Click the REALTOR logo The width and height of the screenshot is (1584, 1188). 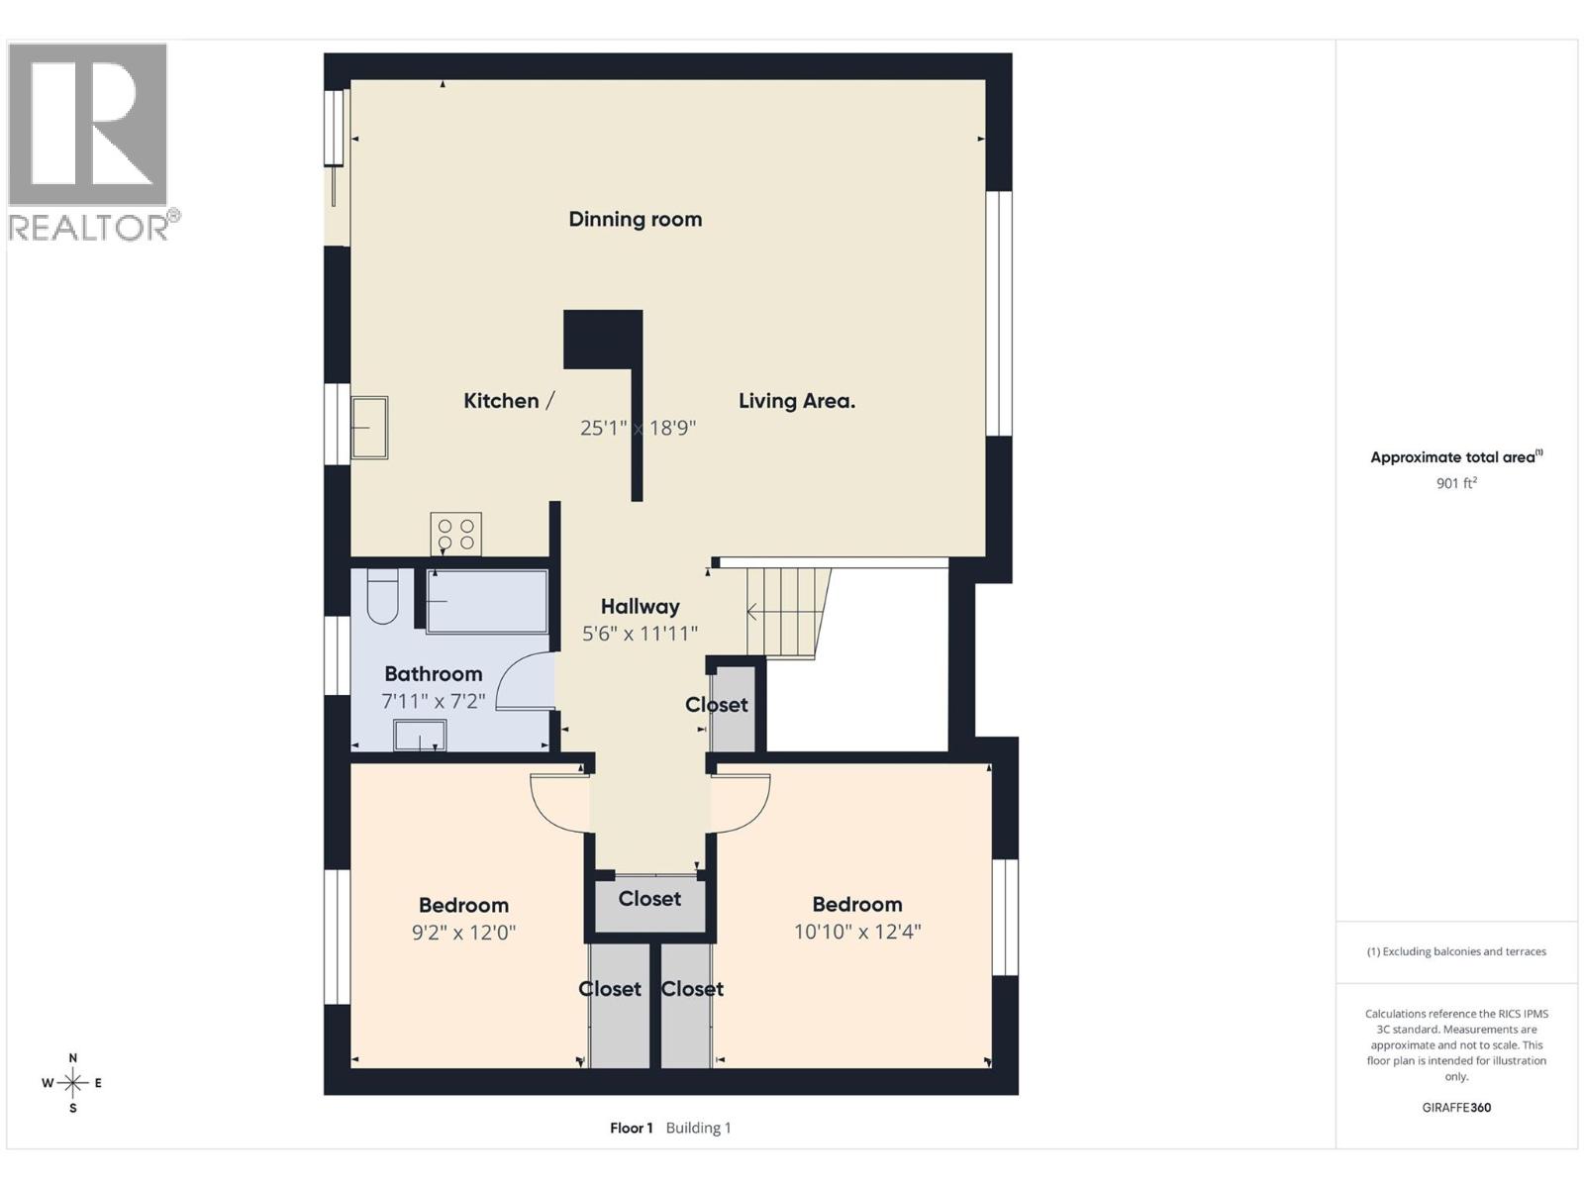pos(89,139)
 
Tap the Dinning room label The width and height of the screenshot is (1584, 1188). pos(635,219)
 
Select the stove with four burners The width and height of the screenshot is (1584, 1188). pos(455,535)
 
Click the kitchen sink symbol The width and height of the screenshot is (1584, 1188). pos(369,428)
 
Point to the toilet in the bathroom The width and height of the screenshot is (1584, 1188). pos(382,597)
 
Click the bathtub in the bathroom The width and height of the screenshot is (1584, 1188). pos(486,601)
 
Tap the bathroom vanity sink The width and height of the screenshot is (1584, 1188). pos(420,736)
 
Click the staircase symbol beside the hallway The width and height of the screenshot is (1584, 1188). pos(786,612)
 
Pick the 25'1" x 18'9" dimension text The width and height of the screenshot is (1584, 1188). pos(638,428)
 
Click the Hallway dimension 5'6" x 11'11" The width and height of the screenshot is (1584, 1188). pos(640,634)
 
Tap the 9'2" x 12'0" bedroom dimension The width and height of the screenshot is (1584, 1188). pos(463,933)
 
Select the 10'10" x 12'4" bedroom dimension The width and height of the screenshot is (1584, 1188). pos(857,932)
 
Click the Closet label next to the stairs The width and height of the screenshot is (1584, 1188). pos(717,705)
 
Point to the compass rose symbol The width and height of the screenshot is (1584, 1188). pos(73,1083)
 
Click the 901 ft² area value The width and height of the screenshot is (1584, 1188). pos(1456,483)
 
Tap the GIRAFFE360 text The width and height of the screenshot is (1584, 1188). pos(1456,1108)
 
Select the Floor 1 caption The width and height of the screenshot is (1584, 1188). pos(632,1128)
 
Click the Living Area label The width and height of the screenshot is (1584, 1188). pos(797,401)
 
